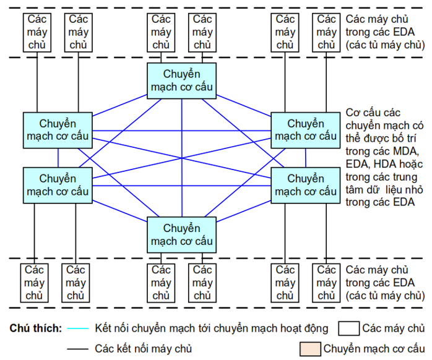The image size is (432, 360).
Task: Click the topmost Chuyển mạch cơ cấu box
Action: tap(181, 80)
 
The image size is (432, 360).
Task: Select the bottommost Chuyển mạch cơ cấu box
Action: tap(181, 234)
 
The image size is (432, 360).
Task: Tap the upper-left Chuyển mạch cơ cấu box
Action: tap(58, 130)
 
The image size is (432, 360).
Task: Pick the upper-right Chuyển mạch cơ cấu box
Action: tap(306, 130)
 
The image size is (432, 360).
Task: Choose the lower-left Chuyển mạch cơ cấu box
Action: tap(58, 185)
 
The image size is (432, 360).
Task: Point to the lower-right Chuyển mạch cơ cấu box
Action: tap(306, 185)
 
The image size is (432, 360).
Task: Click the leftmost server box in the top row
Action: tap(37, 32)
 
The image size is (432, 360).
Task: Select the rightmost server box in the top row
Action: tap(326, 32)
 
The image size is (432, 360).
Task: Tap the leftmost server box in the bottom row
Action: tap(34, 283)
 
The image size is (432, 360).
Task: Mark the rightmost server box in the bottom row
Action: tap(326, 283)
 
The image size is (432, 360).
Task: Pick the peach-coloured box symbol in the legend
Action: tap(309, 349)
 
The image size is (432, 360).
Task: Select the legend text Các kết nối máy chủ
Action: tap(144, 349)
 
